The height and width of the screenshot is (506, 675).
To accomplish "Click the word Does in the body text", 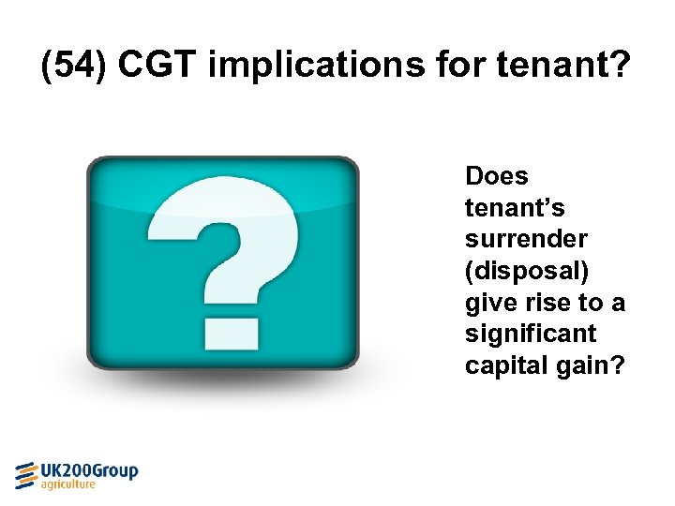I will [497, 176].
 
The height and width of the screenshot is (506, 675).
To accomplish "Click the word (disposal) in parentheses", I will [526, 271].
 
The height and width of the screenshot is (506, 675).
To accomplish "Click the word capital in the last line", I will [502, 365].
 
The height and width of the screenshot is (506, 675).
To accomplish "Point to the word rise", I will [545, 303].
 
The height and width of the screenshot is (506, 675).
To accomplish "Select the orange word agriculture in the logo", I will [68, 485].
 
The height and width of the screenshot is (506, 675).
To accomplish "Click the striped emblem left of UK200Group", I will [27, 474].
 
